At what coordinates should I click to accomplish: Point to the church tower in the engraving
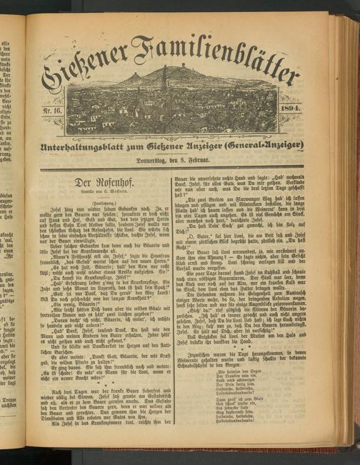click(165, 77)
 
